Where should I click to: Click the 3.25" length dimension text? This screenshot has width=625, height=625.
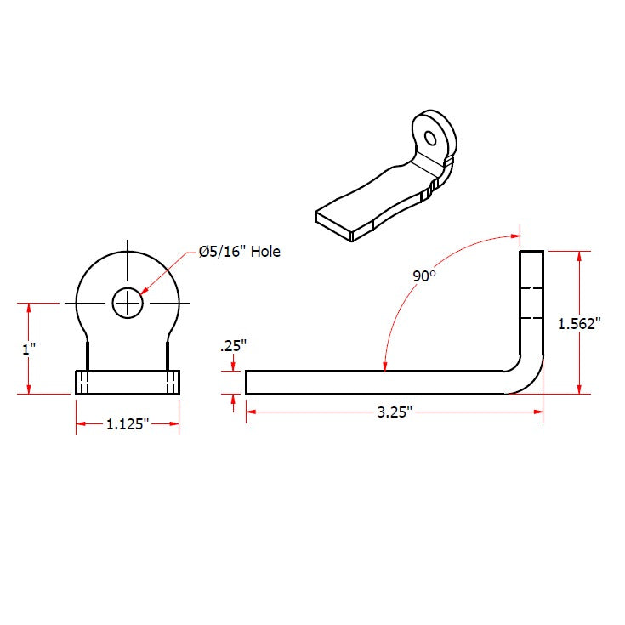(395, 412)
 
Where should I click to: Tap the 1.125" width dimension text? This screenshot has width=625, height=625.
(128, 424)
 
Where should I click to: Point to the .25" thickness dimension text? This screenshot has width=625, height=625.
(232, 346)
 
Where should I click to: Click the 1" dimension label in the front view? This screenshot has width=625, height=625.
(30, 348)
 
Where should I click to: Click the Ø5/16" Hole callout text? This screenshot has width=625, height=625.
(239, 252)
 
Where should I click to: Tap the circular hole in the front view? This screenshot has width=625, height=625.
(128, 302)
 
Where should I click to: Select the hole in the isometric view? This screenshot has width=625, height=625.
(430, 137)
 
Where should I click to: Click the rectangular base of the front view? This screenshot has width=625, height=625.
(128, 382)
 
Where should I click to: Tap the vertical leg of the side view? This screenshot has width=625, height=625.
(531, 306)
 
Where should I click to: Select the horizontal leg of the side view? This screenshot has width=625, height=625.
(374, 382)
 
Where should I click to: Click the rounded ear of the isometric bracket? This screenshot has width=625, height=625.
(434, 132)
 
